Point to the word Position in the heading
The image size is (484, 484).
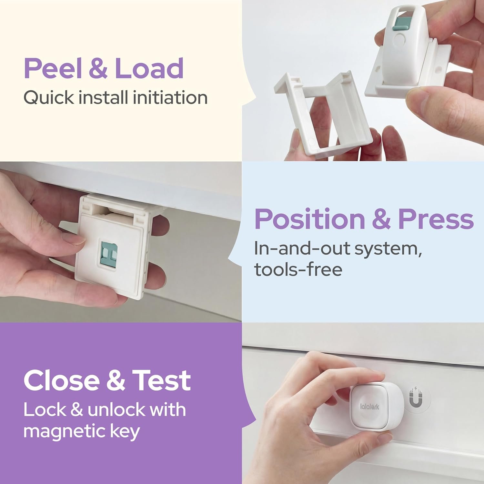coord(310,219)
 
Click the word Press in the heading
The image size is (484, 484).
coord(436,219)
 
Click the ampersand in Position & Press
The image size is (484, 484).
coord(381,219)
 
